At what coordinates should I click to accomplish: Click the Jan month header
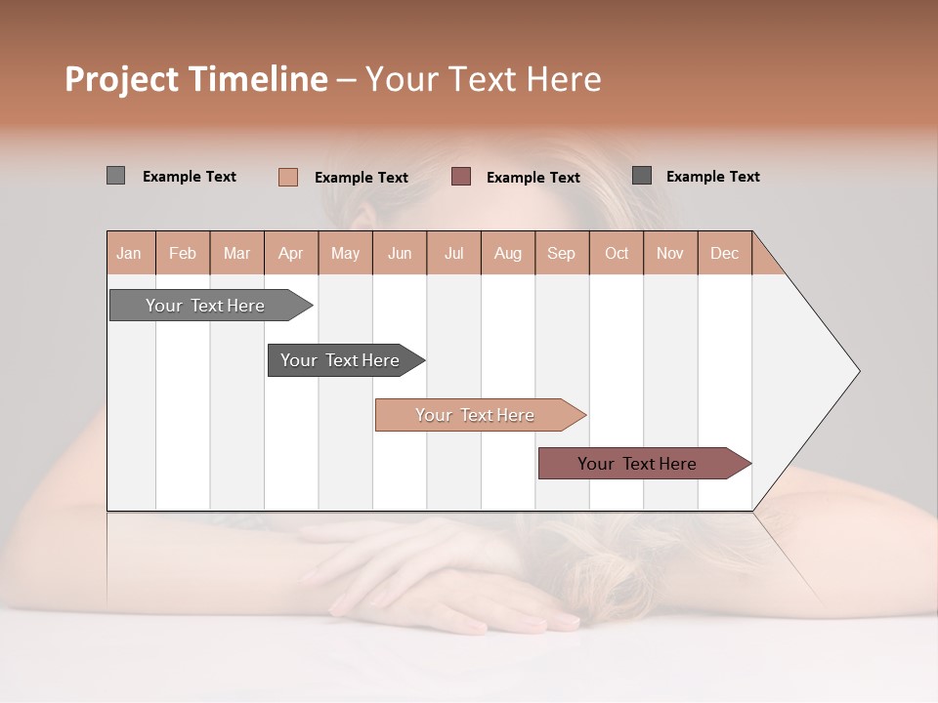(x=130, y=253)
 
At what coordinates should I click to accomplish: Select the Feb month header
(x=183, y=253)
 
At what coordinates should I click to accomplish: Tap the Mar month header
(x=236, y=253)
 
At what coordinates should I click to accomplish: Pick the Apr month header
(x=291, y=253)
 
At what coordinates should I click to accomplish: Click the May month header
(x=345, y=253)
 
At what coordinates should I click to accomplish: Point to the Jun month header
(x=400, y=253)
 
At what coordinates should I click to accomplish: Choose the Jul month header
(x=453, y=253)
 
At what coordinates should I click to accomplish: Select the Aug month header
(x=508, y=253)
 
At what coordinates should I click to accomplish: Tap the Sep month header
(x=562, y=253)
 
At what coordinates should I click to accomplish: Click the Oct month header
(x=617, y=253)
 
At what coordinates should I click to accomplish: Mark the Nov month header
(x=670, y=253)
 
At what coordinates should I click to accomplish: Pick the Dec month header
(x=724, y=253)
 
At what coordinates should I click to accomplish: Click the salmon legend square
(x=287, y=177)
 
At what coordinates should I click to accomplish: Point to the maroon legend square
(x=461, y=177)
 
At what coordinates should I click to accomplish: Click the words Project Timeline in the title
(x=196, y=79)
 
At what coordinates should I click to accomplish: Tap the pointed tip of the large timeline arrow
(x=857, y=371)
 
